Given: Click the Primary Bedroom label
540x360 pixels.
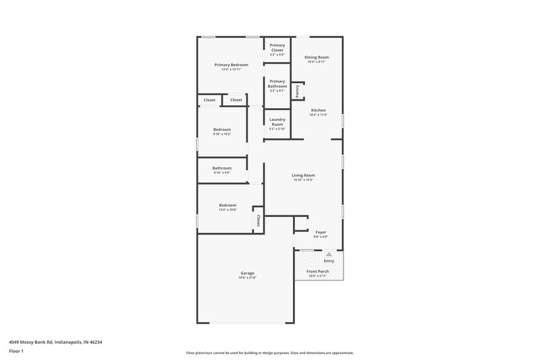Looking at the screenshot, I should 231,65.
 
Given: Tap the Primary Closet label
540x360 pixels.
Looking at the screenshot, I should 277,47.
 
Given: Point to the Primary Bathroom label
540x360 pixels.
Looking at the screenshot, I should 277,84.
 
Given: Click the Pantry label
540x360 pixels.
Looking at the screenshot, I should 297,91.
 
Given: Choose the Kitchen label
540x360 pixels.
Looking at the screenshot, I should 318,110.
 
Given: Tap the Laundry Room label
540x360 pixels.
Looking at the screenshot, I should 277,122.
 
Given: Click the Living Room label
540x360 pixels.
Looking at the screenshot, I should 304,175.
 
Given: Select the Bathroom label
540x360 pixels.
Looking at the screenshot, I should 222,168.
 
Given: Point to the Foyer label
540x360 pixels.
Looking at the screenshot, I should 321,232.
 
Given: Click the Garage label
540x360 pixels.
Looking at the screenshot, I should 247,273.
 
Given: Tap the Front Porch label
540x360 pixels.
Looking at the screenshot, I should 318,272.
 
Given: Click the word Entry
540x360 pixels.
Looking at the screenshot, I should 329,261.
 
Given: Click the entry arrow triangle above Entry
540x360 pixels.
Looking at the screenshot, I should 329,254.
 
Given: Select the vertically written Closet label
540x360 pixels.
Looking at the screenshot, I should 258,221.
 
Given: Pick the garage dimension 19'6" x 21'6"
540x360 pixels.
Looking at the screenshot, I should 247,278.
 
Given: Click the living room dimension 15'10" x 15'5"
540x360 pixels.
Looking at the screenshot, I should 304,180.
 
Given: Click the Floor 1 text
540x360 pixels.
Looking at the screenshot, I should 17,351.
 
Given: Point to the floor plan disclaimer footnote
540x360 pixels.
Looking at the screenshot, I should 269,353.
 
